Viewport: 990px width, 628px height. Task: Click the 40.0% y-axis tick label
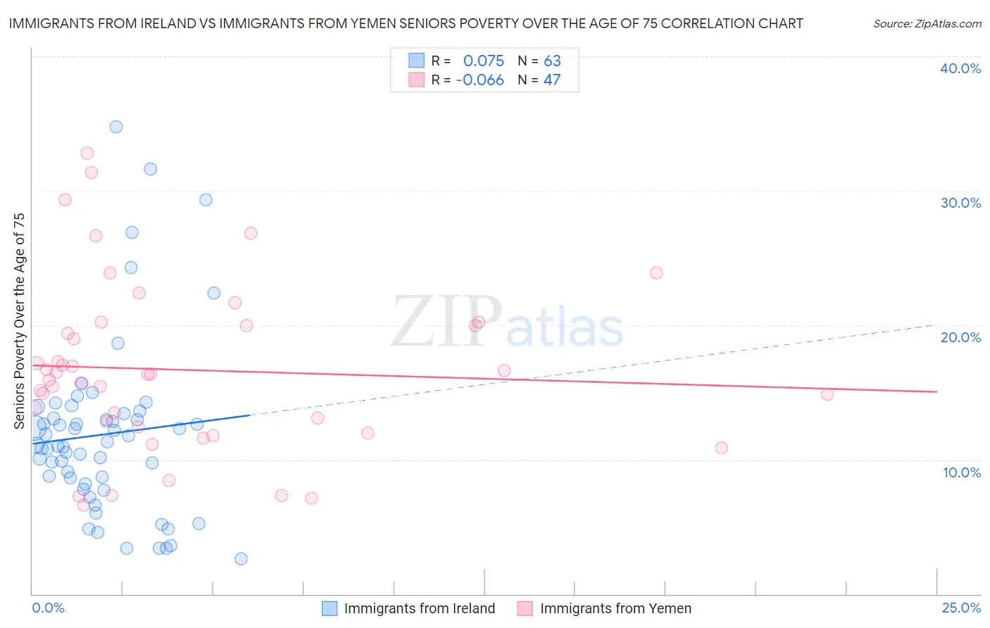(960, 68)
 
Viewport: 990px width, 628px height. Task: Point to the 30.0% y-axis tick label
(960, 203)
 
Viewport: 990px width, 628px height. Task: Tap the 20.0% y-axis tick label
(960, 337)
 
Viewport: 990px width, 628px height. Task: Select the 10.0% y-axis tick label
(962, 472)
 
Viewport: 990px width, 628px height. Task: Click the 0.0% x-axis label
(48, 608)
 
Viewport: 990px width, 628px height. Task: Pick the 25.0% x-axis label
(961, 608)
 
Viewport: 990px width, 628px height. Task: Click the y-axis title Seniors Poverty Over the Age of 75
(19, 320)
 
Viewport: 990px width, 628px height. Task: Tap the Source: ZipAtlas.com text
(927, 24)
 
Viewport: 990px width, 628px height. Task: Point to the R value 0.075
(483, 61)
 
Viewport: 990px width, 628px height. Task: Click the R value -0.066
(480, 80)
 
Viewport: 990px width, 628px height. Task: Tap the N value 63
(552, 61)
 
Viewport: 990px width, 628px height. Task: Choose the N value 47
(552, 80)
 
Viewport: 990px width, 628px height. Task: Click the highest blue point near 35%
(116, 127)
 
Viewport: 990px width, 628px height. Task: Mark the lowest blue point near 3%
(241, 559)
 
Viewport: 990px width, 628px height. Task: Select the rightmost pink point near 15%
(827, 394)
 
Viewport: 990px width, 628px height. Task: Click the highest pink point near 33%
(87, 153)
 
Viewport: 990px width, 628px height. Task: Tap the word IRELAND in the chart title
(167, 24)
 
